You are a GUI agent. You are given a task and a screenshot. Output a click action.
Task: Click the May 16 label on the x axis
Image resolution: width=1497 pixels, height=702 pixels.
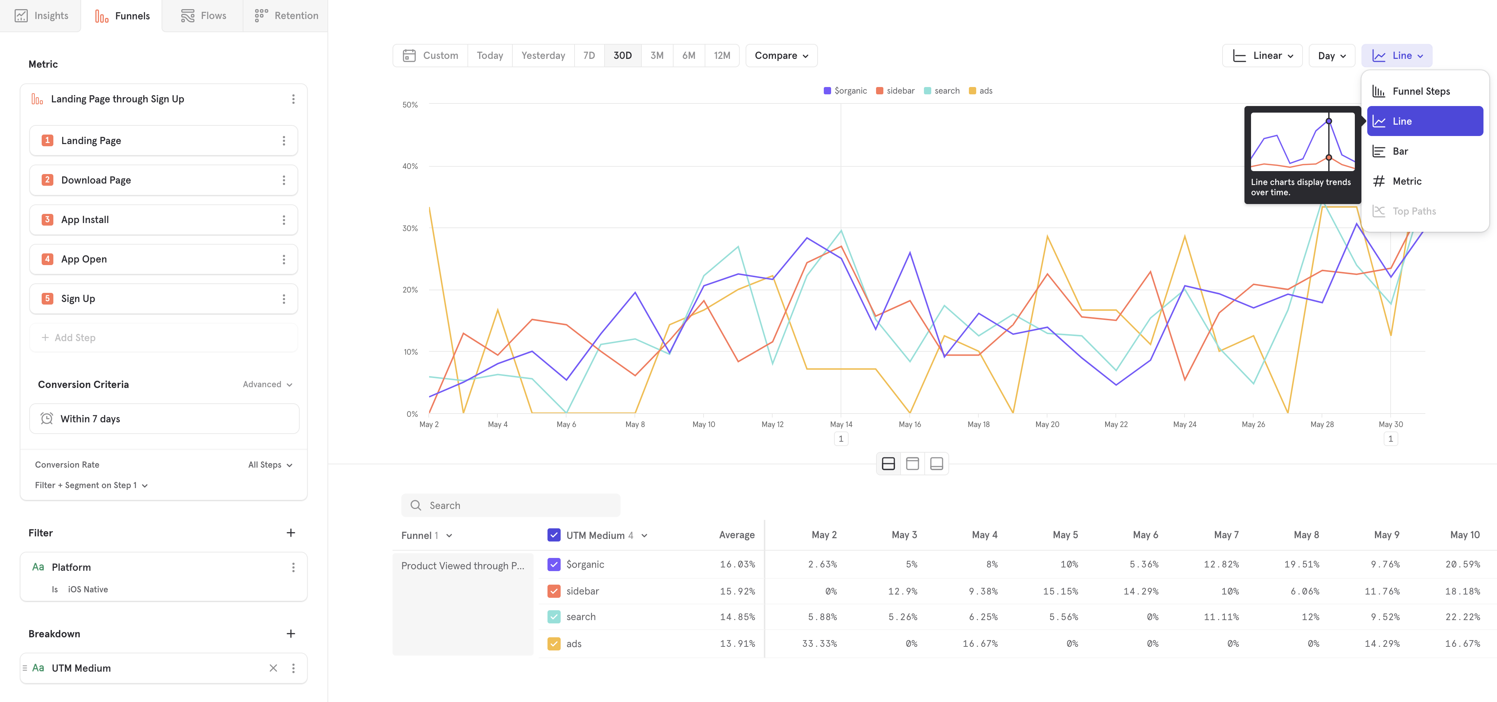[909, 424]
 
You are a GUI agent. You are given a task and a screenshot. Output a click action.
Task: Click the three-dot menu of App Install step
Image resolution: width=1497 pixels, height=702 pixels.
[284, 220]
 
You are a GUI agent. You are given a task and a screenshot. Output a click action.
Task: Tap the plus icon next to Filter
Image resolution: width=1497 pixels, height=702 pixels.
[291, 533]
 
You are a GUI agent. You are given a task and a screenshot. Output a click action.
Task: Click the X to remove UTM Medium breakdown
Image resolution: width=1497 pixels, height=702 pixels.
[273, 668]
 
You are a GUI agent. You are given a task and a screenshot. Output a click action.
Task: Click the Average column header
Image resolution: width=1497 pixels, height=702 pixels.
[736, 535]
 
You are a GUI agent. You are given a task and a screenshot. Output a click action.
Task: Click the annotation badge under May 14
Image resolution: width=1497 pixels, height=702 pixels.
[840, 439]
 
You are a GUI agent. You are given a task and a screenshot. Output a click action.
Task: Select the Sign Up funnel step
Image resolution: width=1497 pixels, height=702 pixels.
[79, 299]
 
